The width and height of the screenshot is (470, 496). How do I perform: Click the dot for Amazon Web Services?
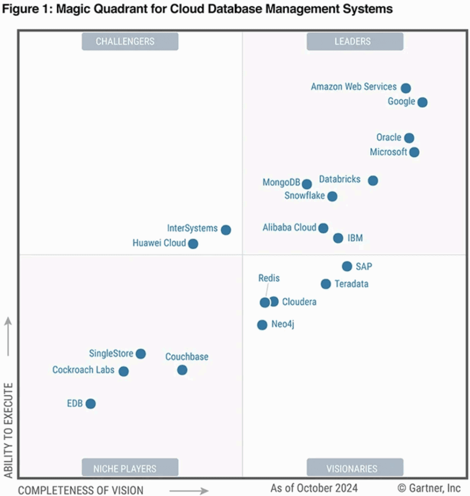point(406,88)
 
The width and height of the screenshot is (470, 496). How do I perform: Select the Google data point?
point(423,102)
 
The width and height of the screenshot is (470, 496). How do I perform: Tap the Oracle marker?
point(409,138)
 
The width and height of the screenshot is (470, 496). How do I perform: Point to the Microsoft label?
point(389,152)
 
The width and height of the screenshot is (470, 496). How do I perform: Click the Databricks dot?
point(373,181)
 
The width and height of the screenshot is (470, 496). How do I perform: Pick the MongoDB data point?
point(307,184)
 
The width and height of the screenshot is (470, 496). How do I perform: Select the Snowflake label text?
point(304,196)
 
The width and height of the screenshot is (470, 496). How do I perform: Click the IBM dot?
point(338,238)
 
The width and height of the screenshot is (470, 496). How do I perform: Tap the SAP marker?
point(347,266)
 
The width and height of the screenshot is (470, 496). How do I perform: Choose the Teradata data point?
point(326,284)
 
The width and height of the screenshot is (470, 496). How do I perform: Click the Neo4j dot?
point(262,325)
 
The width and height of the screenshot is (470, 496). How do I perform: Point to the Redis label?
point(269,279)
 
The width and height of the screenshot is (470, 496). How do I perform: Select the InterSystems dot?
point(226,230)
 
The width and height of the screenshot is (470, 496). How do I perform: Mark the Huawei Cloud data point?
point(193,244)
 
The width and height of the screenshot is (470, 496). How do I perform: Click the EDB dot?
point(91,403)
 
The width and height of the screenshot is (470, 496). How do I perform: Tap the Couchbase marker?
point(182,370)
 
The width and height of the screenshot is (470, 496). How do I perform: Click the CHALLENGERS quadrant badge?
point(130,42)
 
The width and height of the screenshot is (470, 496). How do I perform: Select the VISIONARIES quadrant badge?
point(355,468)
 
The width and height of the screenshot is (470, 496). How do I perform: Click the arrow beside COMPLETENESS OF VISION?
point(189,490)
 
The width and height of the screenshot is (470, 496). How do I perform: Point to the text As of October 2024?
point(314,487)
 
